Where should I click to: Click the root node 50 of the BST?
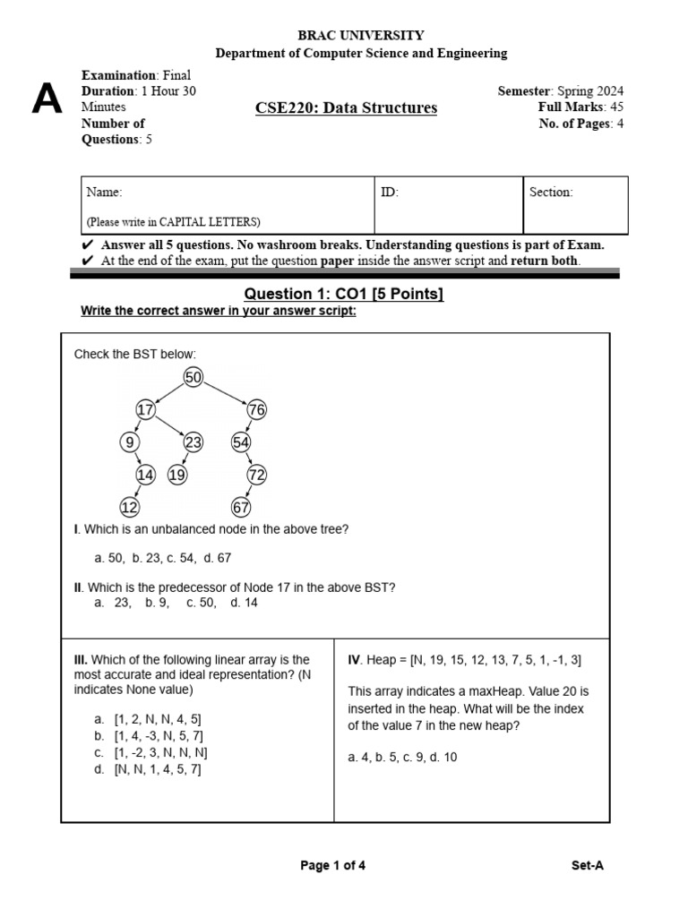point(193,377)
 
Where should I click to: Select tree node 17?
point(145,409)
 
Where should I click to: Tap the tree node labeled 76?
point(256,409)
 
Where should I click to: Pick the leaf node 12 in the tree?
point(130,508)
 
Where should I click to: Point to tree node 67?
point(241,508)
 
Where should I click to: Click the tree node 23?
point(193,442)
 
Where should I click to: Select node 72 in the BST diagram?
point(257,475)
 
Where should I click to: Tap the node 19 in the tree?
point(177,475)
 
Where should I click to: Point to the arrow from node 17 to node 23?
point(170,426)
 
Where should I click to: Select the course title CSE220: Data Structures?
point(346,108)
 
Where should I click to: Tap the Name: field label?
point(104,193)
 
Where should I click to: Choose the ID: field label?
point(390,193)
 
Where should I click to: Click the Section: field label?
point(551,193)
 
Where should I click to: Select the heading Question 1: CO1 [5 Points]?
point(344,295)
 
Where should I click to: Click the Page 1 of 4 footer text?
point(332,866)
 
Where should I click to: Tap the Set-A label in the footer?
point(588,866)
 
